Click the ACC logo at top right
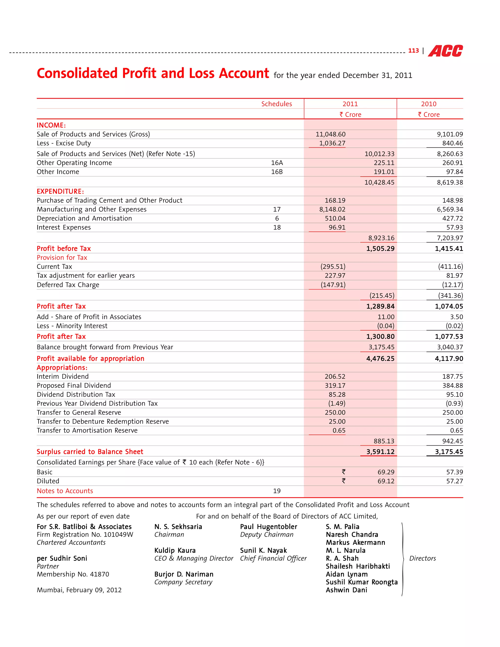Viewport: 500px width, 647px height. tap(445, 51)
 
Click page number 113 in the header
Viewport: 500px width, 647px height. tap(413, 51)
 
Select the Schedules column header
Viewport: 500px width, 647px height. tap(276, 104)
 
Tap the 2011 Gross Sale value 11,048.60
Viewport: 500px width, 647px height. tap(330, 134)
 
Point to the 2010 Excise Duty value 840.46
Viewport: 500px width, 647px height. tap(452, 143)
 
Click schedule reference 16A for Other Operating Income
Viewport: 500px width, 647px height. tap(277, 163)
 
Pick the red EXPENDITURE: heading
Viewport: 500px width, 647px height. tap(60, 191)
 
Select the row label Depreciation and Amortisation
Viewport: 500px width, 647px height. tap(84, 218)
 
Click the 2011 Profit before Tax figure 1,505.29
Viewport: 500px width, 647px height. tap(380, 249)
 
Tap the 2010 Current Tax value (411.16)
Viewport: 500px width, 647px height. tap(450, 267)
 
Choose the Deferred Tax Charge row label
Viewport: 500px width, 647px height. tap(68, 285)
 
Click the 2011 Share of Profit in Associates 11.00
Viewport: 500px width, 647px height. tap(386, 317)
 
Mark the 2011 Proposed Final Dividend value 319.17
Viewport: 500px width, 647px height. tap(335, 386)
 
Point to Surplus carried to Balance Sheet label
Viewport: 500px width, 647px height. tap(90, 452)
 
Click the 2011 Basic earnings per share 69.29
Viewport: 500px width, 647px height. tap(386, 472)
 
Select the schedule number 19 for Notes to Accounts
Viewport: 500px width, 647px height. tap(277, 491)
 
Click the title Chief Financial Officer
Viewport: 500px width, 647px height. tap(273, 558)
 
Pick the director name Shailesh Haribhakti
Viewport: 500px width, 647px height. tap(357, 566)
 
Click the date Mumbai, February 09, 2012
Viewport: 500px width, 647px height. tap(79, 590)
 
